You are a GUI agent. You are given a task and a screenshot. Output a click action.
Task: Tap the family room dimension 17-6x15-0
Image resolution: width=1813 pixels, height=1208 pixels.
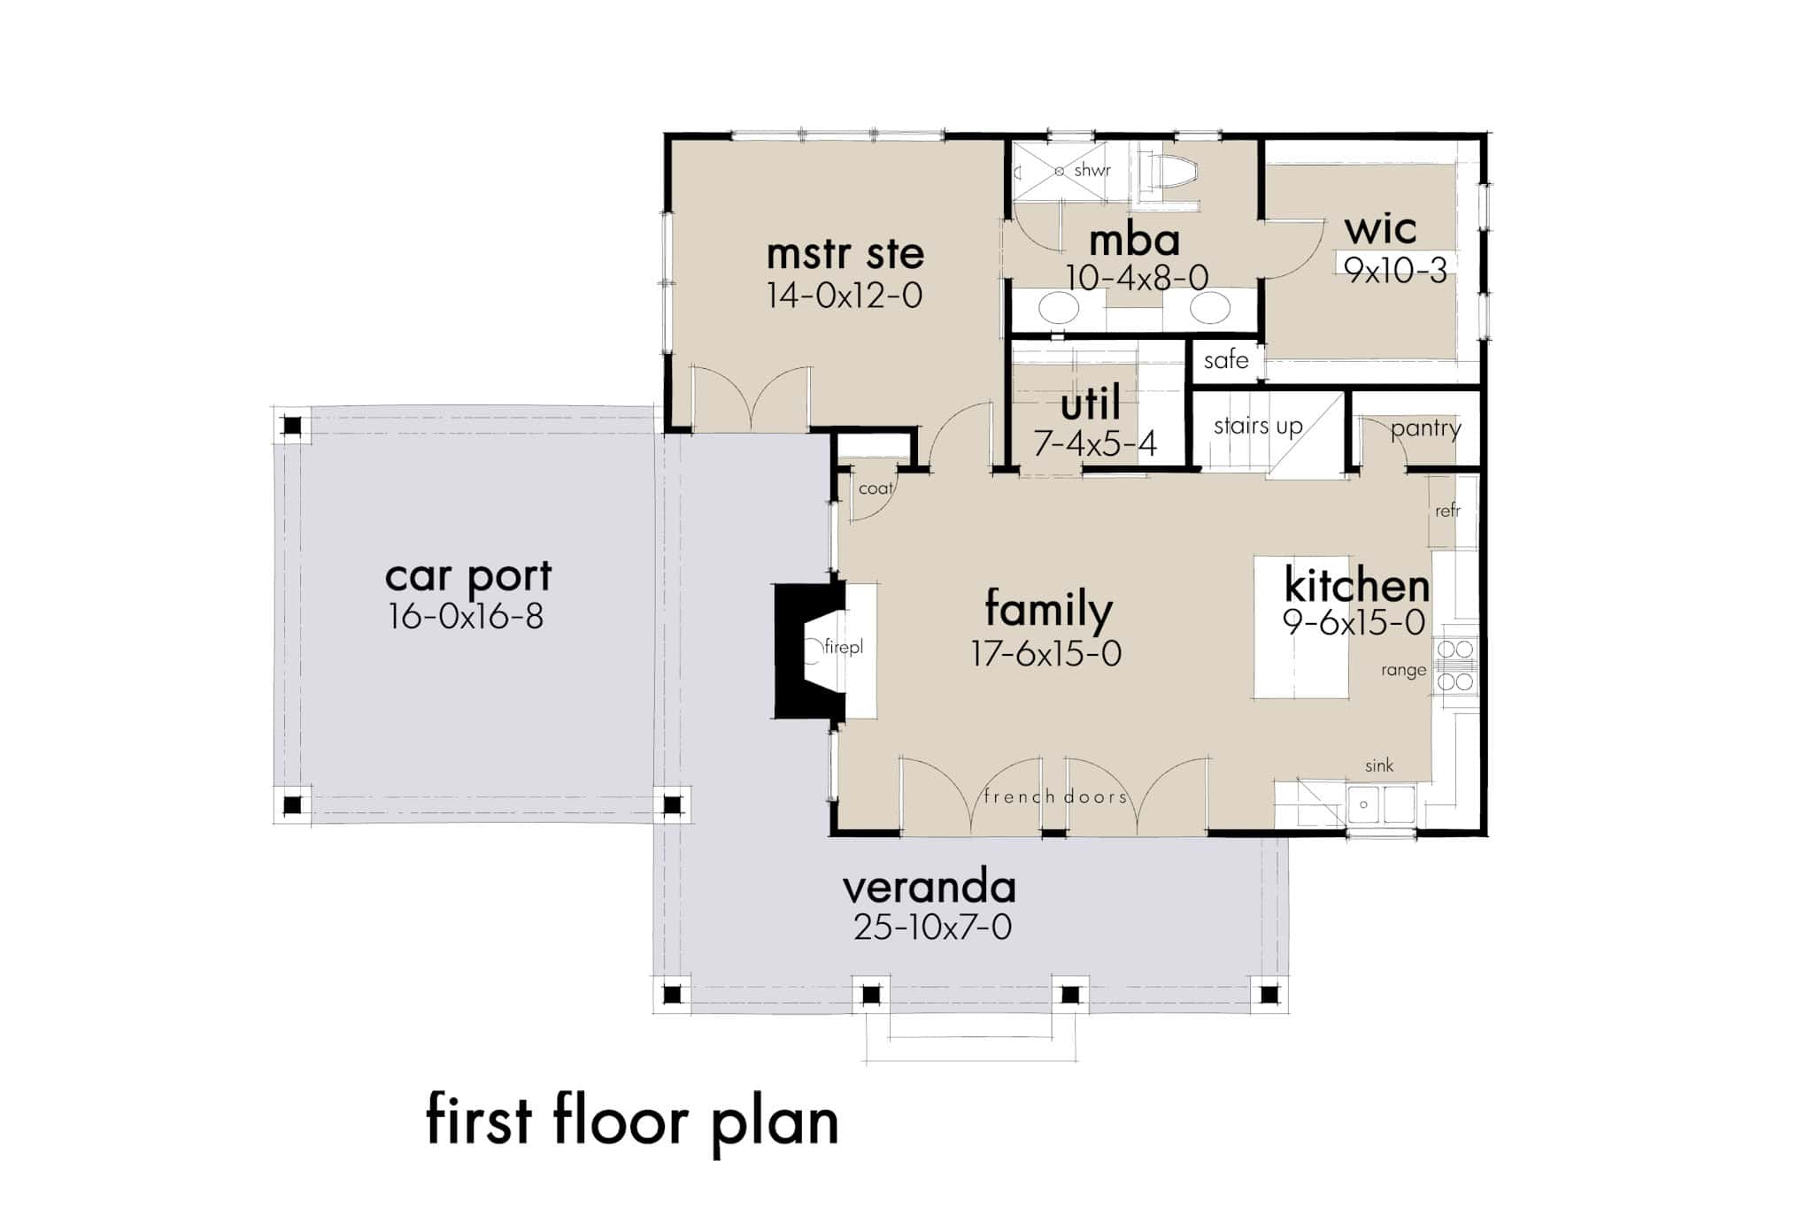click(x=1046, y=654)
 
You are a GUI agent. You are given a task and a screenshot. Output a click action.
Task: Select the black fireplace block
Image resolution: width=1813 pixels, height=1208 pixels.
click(x=797, y=650)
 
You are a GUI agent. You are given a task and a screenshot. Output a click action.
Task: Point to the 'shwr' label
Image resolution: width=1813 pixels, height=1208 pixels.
click(x=1092, y=170)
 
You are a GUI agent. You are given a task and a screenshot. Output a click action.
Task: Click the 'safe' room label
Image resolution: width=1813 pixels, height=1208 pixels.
click(x=1225, y=360)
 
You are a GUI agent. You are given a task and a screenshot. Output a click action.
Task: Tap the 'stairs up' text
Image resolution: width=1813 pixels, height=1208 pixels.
click(x=1257, y=427)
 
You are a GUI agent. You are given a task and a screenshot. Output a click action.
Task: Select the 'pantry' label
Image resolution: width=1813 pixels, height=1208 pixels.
click(x=1425, y=429)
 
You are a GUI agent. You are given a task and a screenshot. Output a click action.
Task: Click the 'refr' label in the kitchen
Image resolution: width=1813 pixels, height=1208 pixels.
click(x=1447, y=511)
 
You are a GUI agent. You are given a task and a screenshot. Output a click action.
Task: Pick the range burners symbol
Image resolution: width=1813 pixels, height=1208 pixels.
click(x=1455, y=666)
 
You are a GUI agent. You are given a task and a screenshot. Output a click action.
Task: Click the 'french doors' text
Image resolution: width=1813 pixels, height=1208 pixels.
click(x=1055, y=796)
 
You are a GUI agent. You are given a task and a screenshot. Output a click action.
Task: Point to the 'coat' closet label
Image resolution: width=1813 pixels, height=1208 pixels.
click(x=876, y=489)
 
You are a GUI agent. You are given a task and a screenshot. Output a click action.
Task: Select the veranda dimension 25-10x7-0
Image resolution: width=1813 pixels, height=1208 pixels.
click(x=932, y=927)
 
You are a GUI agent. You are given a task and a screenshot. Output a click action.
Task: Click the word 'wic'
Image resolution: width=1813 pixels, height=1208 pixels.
click(x=1380, y=229)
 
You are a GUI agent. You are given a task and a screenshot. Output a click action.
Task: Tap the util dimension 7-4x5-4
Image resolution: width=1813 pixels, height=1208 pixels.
click(x=1095, y=442)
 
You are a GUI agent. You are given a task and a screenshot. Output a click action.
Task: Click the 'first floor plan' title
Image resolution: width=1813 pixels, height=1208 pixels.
click(x=632, y=1122)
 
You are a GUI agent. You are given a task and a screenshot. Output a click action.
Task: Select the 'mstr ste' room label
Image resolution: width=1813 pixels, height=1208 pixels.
click(x=845, y=254)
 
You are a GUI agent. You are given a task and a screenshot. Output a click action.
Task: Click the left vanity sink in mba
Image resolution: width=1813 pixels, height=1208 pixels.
click(x=1058, y=309)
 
